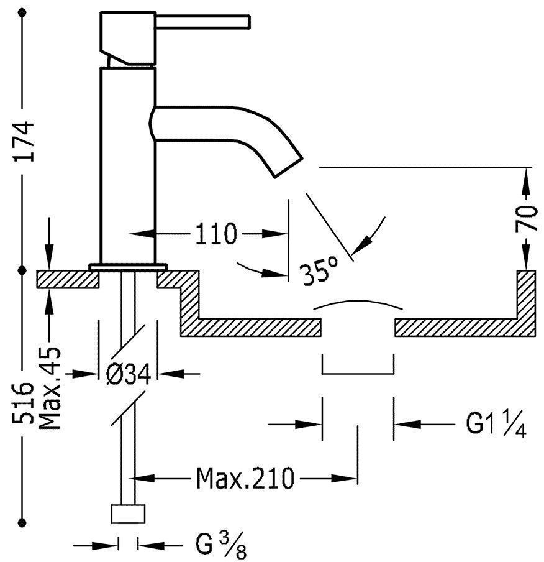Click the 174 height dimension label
23,142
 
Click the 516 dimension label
23,403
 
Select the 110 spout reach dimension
216,234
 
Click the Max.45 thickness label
50,388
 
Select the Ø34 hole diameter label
129,374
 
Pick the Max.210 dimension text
245,479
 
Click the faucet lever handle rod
202,22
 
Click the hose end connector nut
129,514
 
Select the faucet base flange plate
129,267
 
